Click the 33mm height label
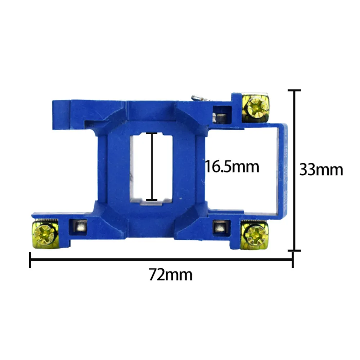[321, 170]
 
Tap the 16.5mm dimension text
[232, 166]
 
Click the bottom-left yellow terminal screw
[45, 234]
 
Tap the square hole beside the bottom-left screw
[78, 227]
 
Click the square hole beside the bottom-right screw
[221, 228]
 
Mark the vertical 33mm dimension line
[294, 170]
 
